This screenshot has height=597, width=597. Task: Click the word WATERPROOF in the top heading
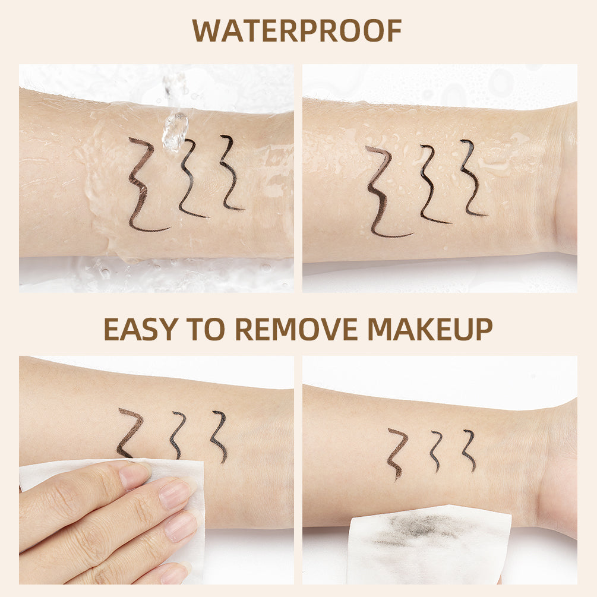[297, 31]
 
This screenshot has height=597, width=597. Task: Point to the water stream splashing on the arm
[175, 128]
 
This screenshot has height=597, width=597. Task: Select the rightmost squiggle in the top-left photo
[229, 172]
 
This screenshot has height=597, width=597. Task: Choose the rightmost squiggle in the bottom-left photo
[218, 435]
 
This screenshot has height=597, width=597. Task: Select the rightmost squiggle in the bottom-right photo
[469, 448]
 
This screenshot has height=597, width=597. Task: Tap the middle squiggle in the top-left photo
[189, 178]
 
